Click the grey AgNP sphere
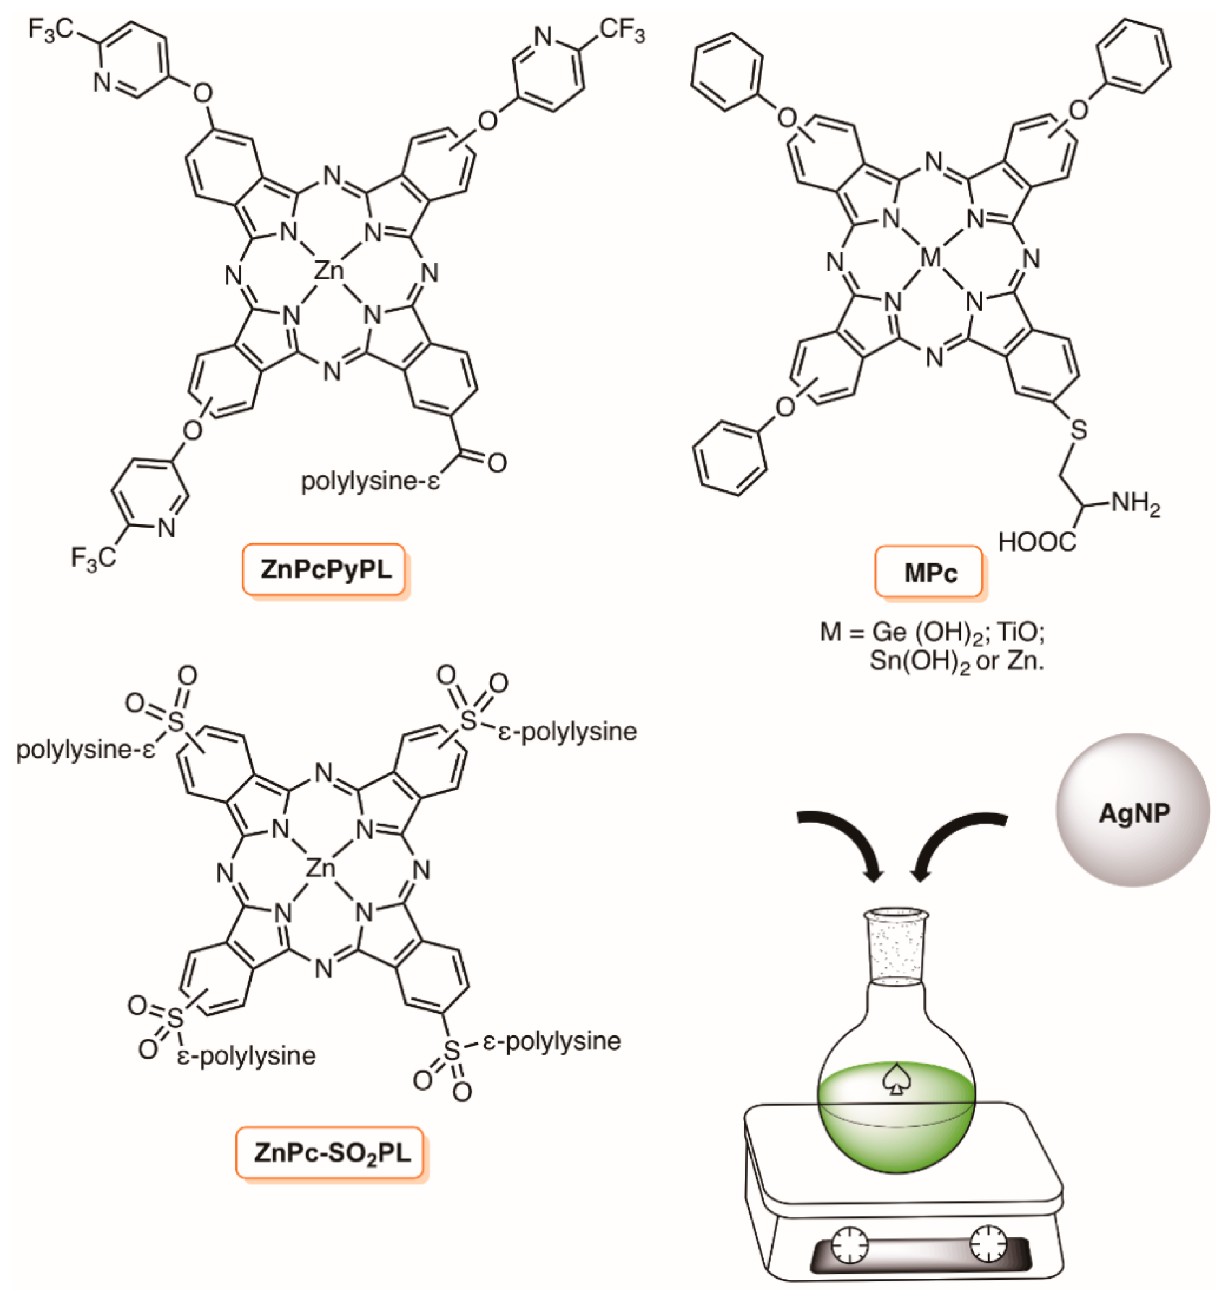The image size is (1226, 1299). [1133, 810]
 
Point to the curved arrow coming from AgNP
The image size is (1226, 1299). [954, 840]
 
